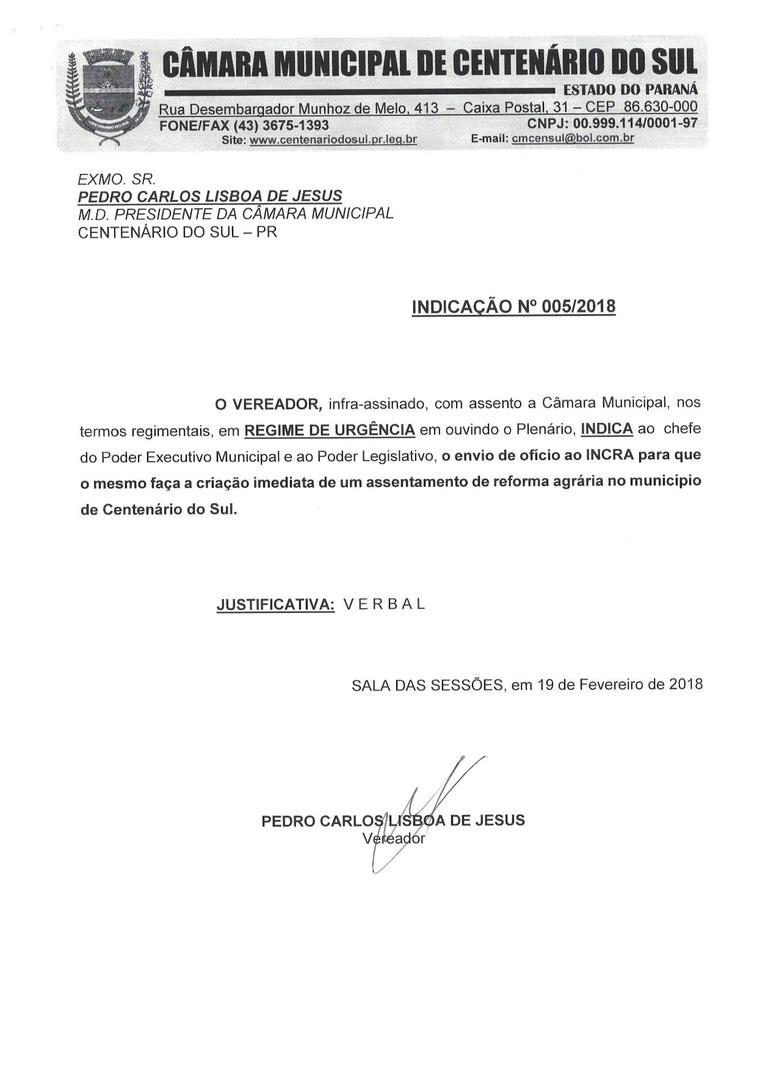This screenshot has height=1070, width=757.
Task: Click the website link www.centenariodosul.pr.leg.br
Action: coord(333,140)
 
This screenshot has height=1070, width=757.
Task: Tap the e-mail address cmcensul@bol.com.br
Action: coord(573,138)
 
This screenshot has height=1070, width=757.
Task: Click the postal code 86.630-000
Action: coord(660,108)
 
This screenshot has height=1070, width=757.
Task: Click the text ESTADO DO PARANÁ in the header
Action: coord(631,90)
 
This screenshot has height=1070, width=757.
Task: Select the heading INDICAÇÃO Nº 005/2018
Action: coord(513,306)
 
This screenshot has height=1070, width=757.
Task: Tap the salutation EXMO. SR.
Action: coord(117,179)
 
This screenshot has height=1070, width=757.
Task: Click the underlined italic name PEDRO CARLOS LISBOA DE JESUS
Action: coord(209,196)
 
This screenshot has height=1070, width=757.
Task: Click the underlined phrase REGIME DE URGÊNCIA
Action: coord(330,430)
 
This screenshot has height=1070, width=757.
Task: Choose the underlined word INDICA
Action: coord(606,429)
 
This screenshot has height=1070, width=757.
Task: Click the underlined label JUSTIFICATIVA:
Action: coord(275,605)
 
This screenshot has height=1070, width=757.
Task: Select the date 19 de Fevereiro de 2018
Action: coord(620,684)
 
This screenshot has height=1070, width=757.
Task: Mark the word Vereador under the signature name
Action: coord(394,838)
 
